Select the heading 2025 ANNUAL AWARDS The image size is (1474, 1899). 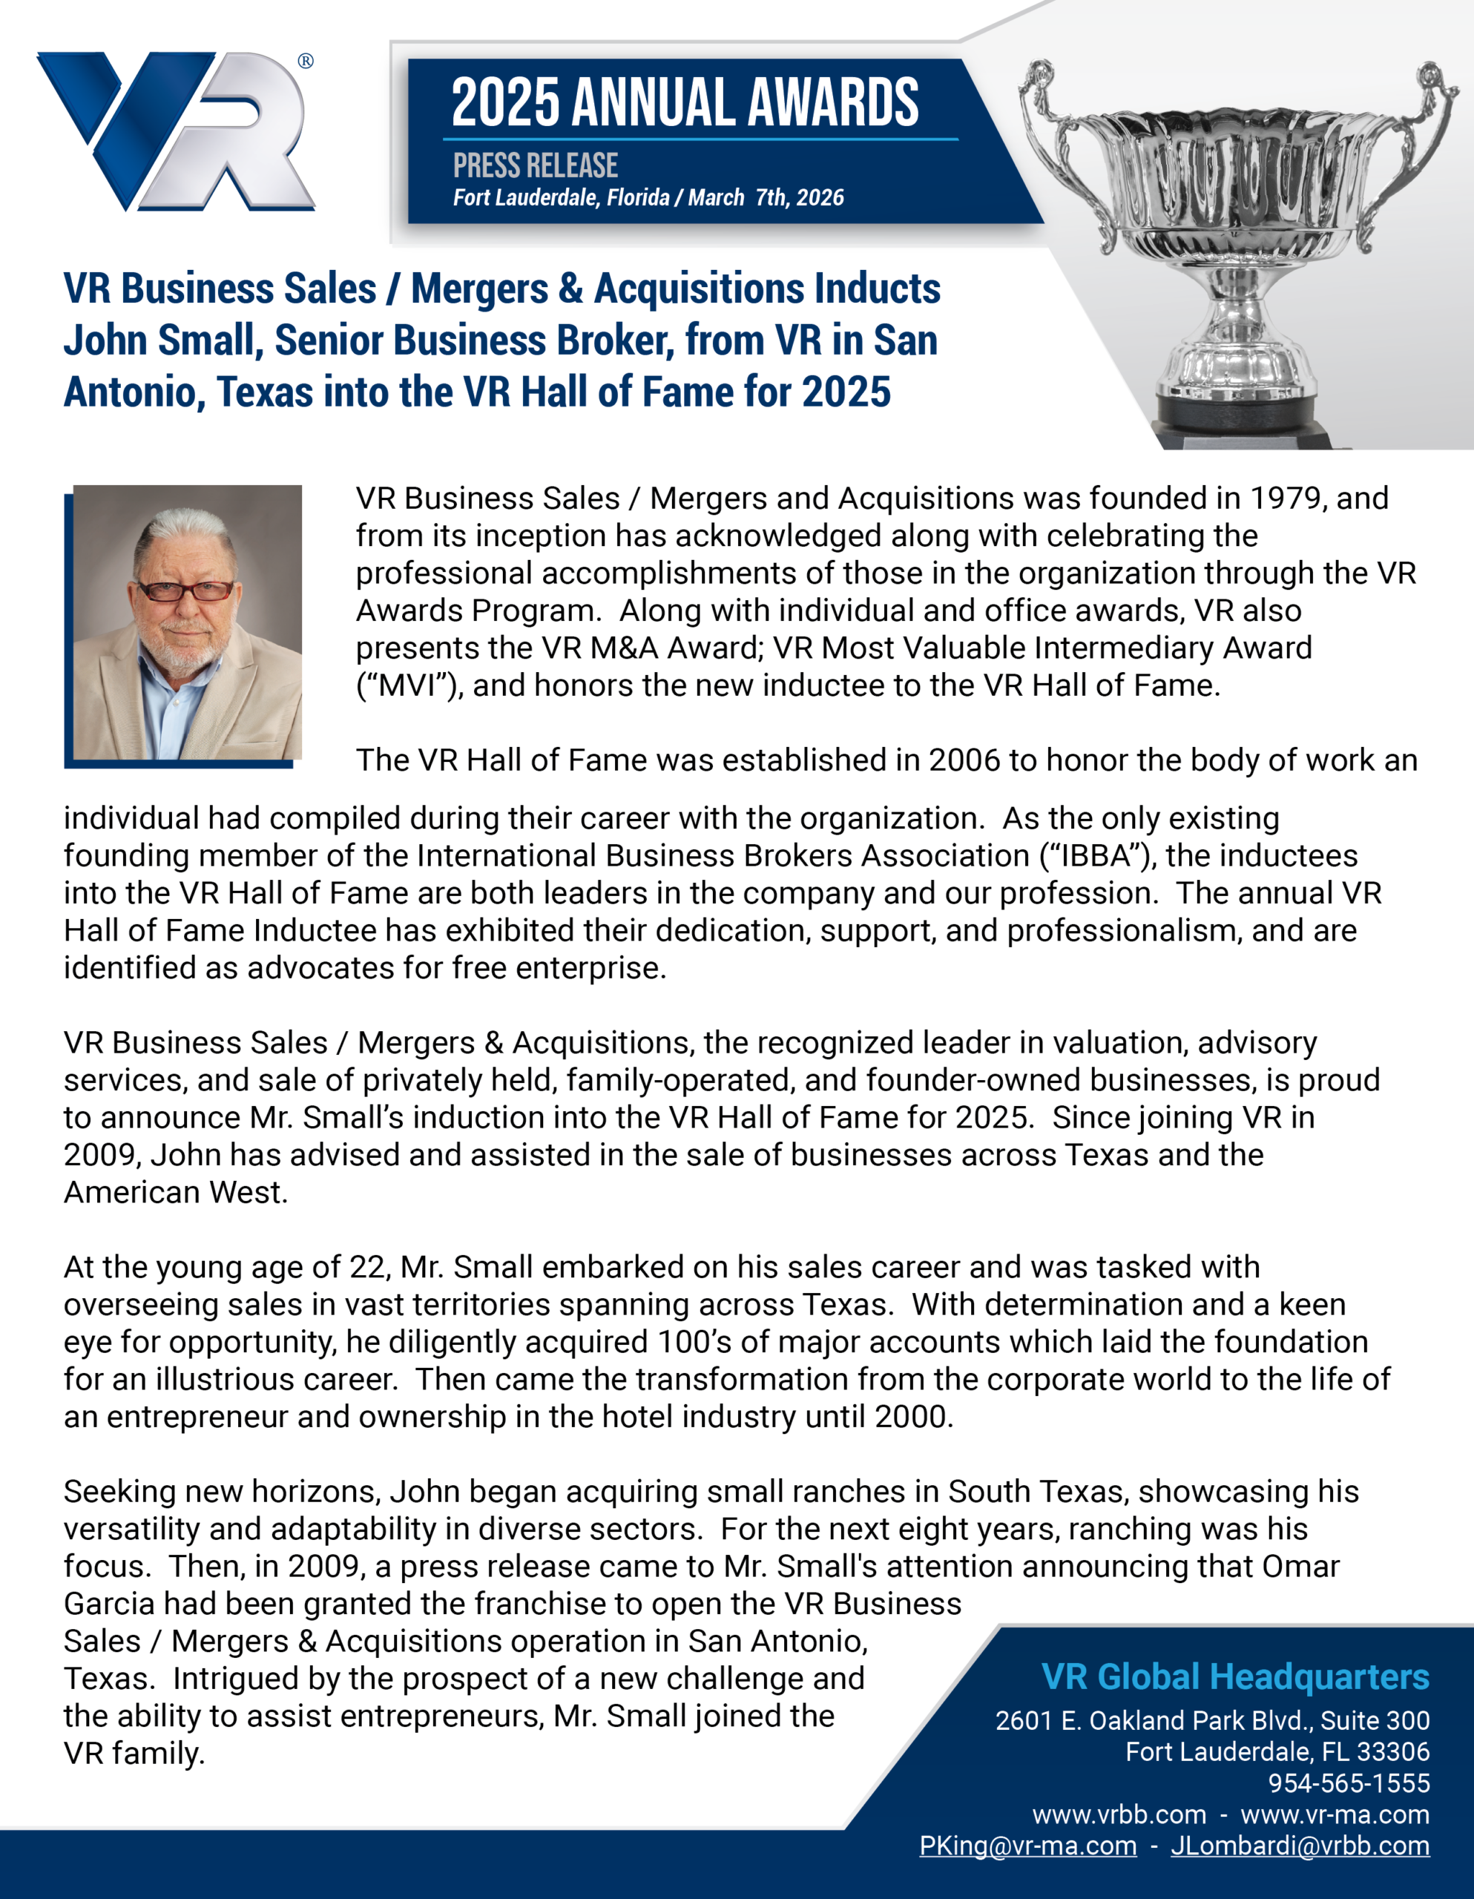[685, 102]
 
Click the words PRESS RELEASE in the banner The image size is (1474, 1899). [535, 165]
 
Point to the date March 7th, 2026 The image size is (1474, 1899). [766, 198]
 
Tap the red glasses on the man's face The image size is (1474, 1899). [186, 591]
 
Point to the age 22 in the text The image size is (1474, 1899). [367, 1268]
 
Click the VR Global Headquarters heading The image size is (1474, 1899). [1235, 1676]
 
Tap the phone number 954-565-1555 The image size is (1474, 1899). [1349, 1783]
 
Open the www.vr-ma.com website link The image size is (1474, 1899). [1335, 1814]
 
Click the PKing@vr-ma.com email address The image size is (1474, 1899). [1028, 1846]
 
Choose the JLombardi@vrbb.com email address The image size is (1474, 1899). [1300, 1846]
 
